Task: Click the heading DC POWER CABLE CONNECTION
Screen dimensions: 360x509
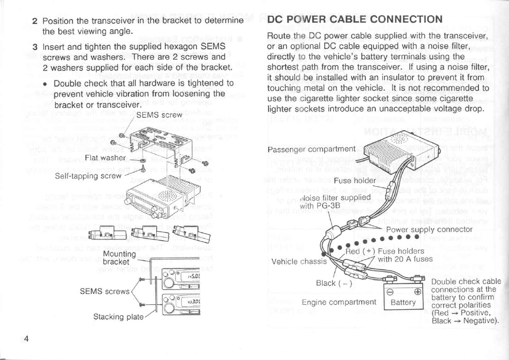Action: pos(354,20)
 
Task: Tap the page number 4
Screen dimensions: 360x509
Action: pos(26,340)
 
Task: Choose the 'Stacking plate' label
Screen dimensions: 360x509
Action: pos(119,316)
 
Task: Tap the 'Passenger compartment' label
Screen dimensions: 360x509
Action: pos(311,149)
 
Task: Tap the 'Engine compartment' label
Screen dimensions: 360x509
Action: pos(339,302)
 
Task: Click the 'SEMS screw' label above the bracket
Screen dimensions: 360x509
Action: pos(159,115)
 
